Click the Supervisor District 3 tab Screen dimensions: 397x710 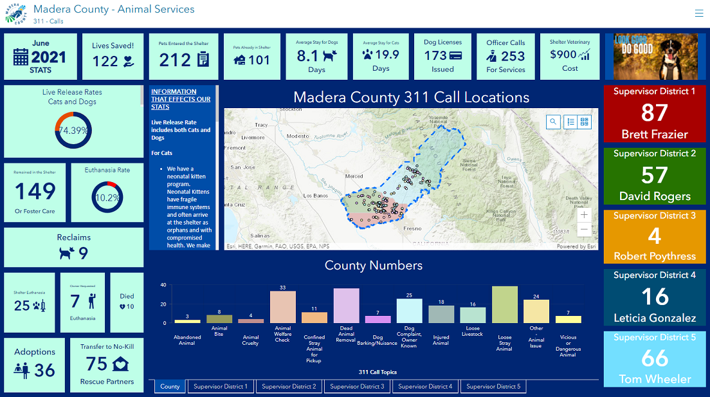point(356,387)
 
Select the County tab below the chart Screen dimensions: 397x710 point(170,387)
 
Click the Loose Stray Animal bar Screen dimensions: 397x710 point(505,305)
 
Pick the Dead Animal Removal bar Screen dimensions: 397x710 point(346,306)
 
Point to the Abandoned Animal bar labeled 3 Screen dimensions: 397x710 point(188,320)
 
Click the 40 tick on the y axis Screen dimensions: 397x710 point(163,285)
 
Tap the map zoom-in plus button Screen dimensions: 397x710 point(584,215)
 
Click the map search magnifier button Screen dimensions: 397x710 point(553,122)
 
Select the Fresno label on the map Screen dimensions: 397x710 point(412,228)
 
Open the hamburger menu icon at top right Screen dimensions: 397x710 point(699,13)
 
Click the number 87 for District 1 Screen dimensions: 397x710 point(654,113)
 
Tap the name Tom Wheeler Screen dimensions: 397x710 point(655,379)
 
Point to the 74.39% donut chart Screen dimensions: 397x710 point(73,130)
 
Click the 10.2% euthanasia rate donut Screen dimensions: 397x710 point(107,198)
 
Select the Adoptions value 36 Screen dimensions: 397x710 point(44,370)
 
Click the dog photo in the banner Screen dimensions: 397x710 point(655,57)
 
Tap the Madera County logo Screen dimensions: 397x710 point(15,13)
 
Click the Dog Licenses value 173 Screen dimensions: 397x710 point(435,56)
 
